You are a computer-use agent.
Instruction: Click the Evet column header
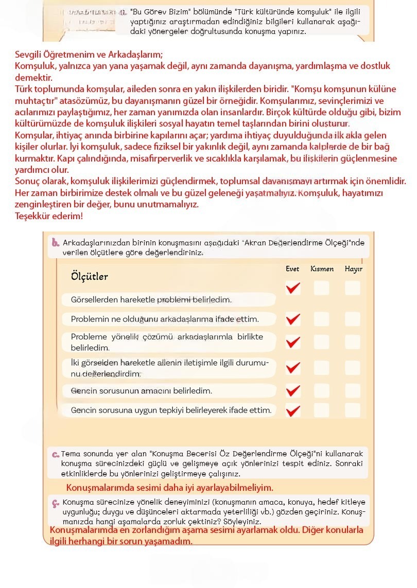click(292, 269)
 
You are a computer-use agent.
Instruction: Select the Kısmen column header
click(322, 269)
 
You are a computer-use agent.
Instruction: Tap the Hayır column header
click(353, 269)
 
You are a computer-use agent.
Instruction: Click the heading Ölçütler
click(89, 277)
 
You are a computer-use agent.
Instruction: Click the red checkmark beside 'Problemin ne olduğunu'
click(292, 319)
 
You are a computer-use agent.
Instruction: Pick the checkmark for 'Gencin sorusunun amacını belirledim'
click(292, 390)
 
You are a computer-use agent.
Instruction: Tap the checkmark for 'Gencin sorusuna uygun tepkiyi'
click(292, 410)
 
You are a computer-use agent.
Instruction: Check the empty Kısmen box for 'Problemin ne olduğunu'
click(322, 319)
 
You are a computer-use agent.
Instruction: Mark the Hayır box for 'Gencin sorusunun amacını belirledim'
click(353, 390)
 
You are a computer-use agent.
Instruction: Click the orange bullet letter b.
click(56, 243)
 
